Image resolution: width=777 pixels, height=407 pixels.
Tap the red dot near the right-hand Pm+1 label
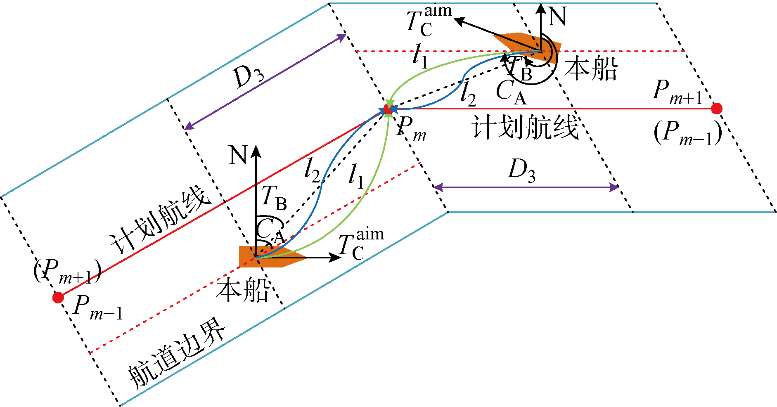coord(717,109)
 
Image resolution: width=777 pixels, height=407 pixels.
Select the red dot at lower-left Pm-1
coord(58,297)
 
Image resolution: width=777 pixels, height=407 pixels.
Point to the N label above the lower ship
coord(238,155)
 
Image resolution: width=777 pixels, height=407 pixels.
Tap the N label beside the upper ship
coord(557,17)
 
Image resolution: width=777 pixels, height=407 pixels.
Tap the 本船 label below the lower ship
coord(243,290)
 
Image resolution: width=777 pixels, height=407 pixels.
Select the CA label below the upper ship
coord(511,93)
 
